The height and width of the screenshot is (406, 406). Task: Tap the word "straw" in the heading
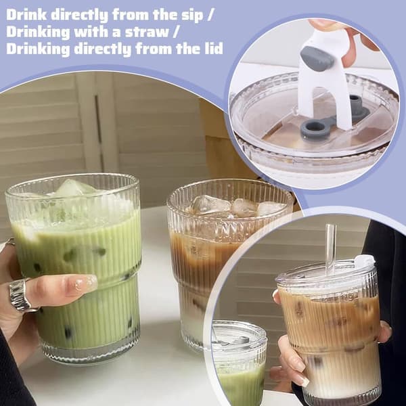click(x=147, y=32)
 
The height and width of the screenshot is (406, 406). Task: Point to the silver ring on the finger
click(x=20, y=294)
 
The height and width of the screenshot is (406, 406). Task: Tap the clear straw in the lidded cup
click(x=331, y=249)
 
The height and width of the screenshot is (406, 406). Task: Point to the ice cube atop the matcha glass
click(x=74, y=187)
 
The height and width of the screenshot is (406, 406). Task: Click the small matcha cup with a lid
click(x=239, y=363)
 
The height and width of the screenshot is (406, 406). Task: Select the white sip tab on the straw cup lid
click(x=365, y=260)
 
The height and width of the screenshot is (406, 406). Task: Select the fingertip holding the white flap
click(x=321, y=24)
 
